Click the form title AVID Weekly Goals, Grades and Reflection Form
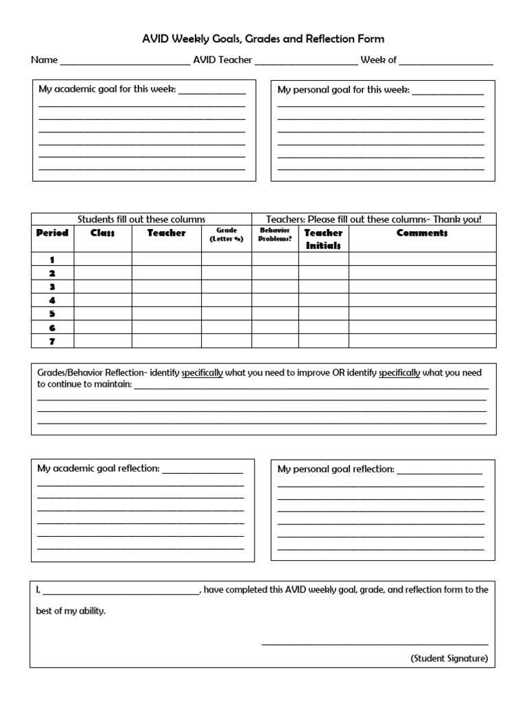(x=263, y=39)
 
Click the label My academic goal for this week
(x=106, y=90)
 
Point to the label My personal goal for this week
(x=343, y=90)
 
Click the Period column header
(x=52, y=233)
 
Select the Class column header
(x=102, y=233)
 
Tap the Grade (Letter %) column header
(x=226, y=235)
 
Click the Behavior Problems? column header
(x=274, y=235)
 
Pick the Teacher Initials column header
(x=323, y=239)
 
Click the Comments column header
(x=422, y=233)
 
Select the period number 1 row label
(x=52, y=260)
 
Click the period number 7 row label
(x=52, y=341)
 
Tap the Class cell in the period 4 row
(x=102, y=300)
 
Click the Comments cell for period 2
(x=422, y=273)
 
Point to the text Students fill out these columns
(x=141, y=219)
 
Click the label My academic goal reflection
(x=98, y=469)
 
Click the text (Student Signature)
(x=449, y=658)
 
